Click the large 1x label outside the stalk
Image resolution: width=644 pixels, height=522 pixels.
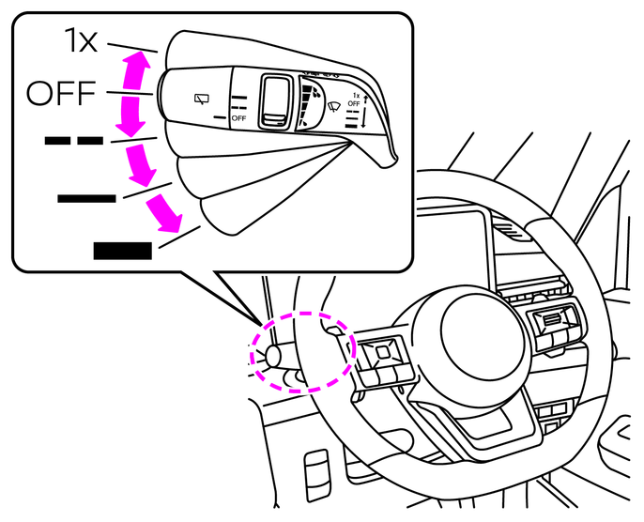[81, 41]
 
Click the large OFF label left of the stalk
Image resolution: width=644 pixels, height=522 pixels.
[61, 93]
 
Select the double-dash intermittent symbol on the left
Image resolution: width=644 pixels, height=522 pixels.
[74, 141]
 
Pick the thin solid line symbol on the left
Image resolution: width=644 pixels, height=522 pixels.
[86, 197]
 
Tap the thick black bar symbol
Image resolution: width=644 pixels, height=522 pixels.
[122, 250]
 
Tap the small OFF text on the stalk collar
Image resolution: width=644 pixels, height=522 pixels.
[238, 118]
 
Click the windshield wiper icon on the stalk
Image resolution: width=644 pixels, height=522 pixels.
[332, 106]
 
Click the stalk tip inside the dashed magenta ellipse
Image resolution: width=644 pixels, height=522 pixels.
[276, 355]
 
